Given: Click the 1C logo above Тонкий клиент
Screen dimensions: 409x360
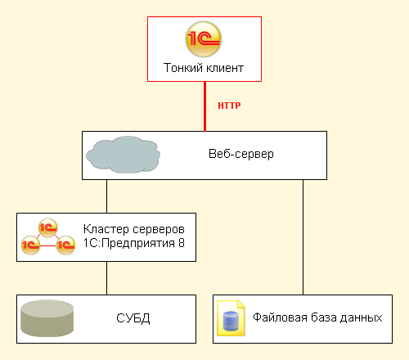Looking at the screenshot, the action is click(x=204, y=39).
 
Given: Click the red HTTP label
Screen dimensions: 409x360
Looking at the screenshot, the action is click(x=229, y=106).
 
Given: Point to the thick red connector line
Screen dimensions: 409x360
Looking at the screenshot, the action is click(x=204, y=106).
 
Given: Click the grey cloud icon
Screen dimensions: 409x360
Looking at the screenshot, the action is click(x=124, y=155).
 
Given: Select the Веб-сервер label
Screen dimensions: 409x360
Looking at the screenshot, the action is click(x=241, y=154).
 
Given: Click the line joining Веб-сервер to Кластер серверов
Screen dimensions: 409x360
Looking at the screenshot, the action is click(x=106, y=196).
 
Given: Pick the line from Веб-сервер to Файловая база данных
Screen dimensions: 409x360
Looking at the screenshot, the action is click(x=303, y=237).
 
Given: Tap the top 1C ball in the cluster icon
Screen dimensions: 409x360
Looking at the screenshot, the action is click(x=47, y=227).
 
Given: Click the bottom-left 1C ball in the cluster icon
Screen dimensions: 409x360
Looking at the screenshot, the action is click(x=30, y=245).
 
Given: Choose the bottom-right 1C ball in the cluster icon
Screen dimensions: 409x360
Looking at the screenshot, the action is click(x=65, y=245).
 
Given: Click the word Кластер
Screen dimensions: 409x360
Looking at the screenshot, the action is click(x=106, y=229).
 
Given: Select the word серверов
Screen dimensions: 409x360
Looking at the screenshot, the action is click(x=158, y=230).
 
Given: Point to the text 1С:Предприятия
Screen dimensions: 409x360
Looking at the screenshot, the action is click(x=129, y=243).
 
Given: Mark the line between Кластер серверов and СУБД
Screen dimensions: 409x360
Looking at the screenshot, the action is click(x=106, y=278).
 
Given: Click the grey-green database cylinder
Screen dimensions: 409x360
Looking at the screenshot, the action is click(x=47, y=318).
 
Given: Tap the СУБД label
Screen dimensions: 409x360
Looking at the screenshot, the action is click(x=133, y=318).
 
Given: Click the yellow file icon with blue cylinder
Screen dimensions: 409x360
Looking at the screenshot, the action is click(x=231, y=318).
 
